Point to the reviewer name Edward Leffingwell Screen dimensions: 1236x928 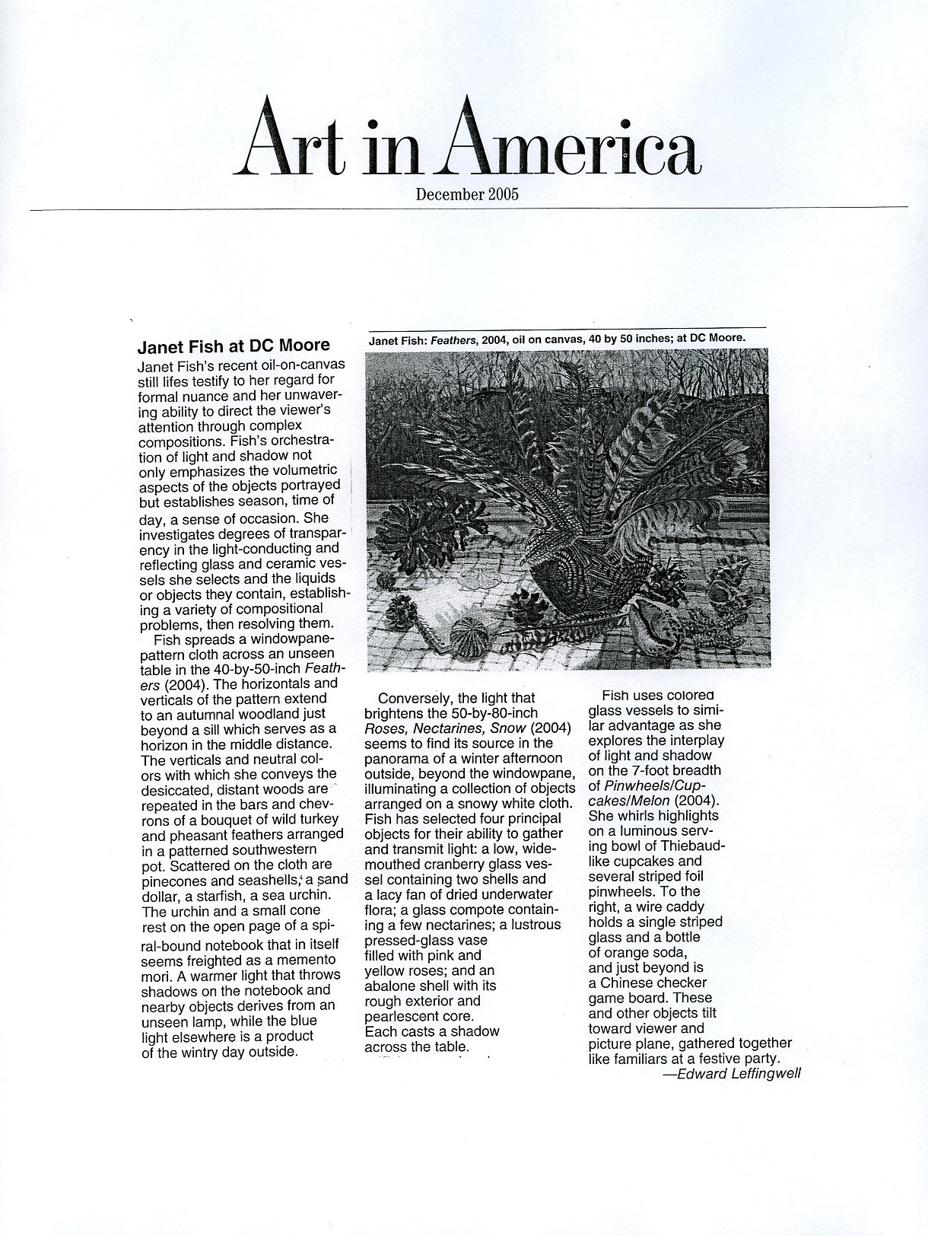click(x=738, y=1074)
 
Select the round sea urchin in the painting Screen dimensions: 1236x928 click(x=466, y=636)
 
